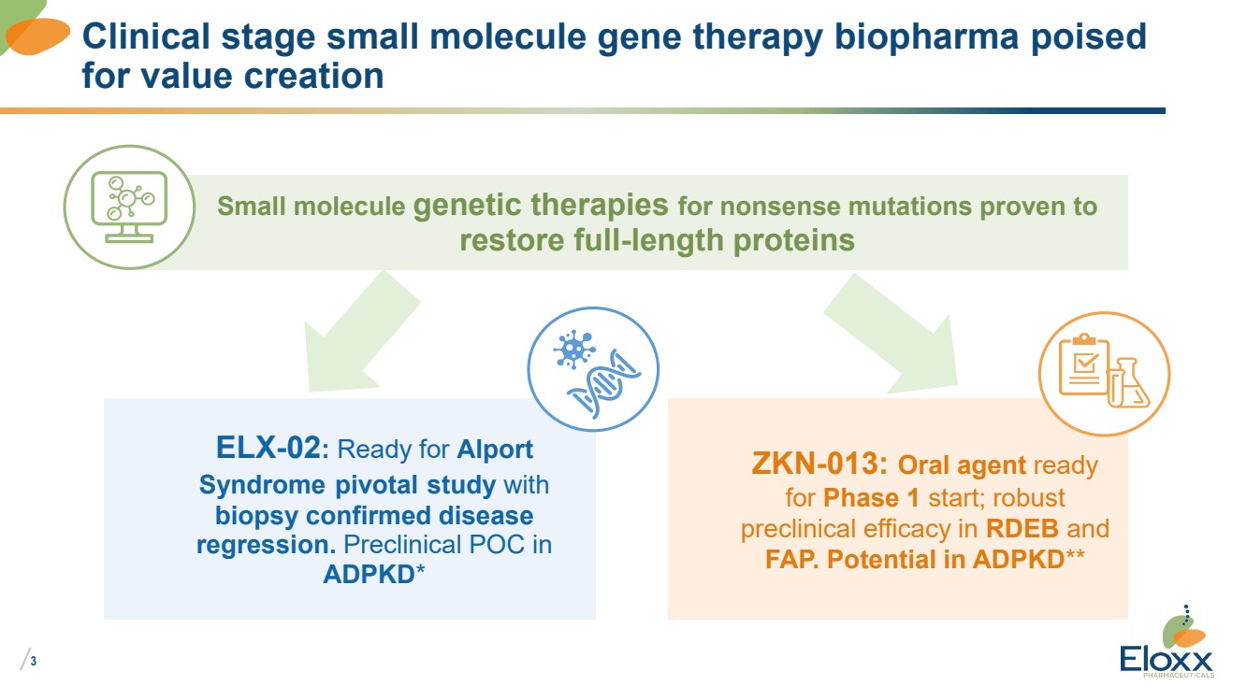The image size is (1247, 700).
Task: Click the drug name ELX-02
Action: (x=268, y=448)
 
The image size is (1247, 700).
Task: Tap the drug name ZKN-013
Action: (x=815, y=464)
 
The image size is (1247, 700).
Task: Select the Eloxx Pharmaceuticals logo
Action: (x=1167, y=642)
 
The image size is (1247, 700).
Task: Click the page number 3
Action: (x=34, y=661)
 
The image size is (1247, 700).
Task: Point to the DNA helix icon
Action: (x=593, y=369)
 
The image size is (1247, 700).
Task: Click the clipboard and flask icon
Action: (x=1105, y=374)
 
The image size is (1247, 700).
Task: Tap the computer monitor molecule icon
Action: (x=129, y=207)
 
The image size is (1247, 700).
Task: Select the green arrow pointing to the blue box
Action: (x=362, y=333)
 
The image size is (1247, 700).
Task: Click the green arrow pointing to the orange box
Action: (x=892, y=334)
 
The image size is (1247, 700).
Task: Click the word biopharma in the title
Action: (x=927, y=37)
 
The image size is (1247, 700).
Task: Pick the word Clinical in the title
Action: (x=146, y=36)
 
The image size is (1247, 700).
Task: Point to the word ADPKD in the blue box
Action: (x=370, y=575)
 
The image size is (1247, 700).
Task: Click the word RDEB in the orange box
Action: (x=1022, y=528)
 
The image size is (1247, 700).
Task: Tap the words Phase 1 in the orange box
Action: (x=871, y=497)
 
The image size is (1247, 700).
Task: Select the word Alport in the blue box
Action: (x=495, y=450)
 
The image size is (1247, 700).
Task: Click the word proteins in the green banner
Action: (x=794, y=241)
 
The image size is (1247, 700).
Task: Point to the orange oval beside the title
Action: (x=37, y=36)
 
